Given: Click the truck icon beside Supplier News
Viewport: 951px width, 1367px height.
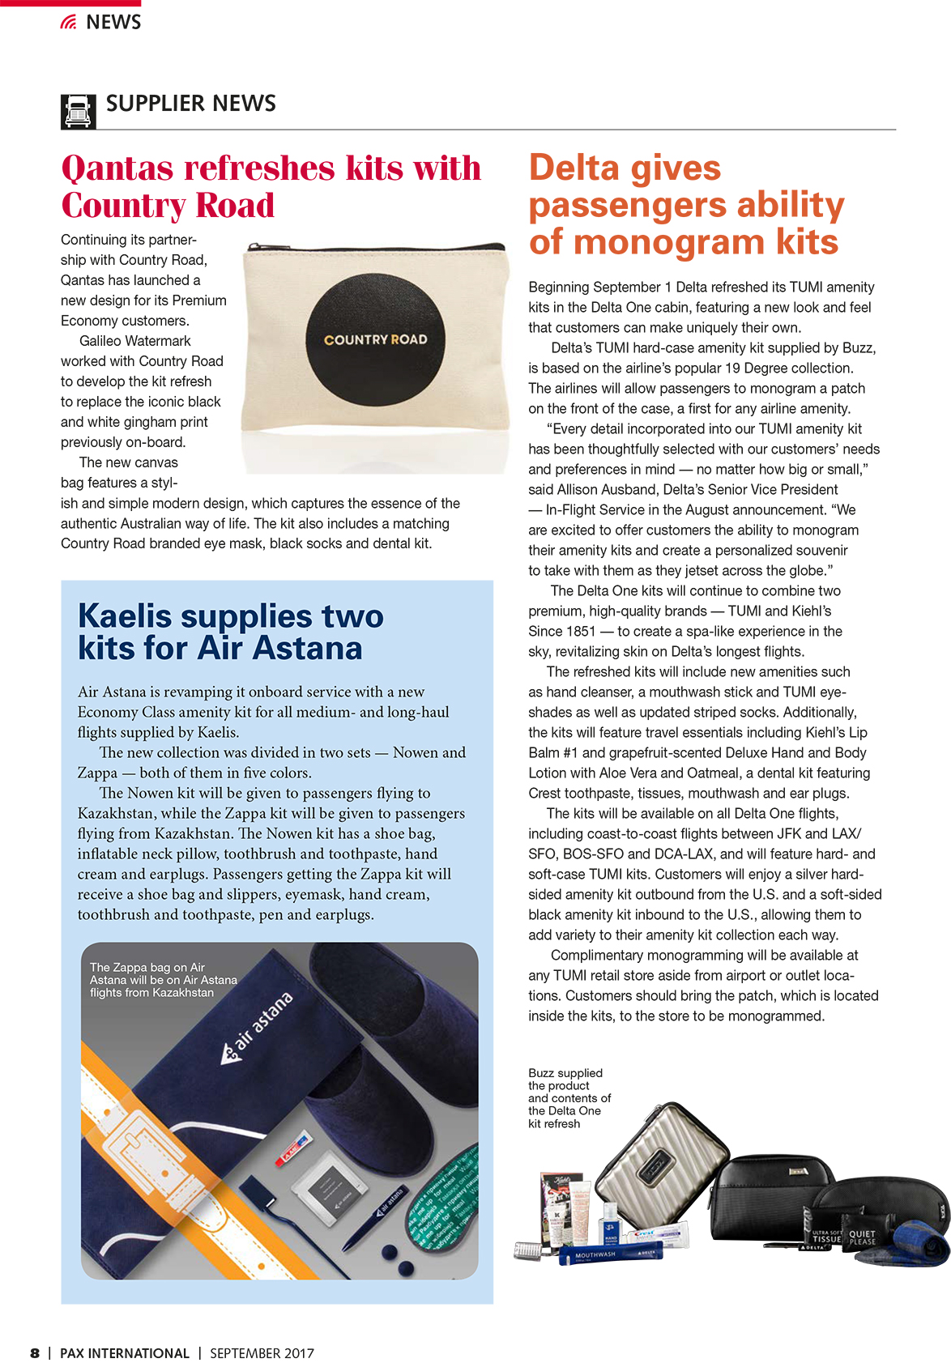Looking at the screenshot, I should coord(78,112).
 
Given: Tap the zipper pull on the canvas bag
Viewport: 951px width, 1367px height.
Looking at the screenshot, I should coord(253,246).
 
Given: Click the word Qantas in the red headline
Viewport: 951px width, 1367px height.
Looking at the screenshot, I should coord(117,168).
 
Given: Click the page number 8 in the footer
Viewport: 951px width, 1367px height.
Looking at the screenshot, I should coord(35,1353).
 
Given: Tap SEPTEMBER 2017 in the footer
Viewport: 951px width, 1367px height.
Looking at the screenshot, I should coord(262,1353).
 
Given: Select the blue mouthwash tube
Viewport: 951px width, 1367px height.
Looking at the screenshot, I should coord(611,1254).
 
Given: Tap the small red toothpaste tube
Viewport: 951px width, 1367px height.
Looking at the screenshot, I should coord(292,1147).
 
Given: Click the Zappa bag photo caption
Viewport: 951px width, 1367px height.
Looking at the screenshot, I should coord(163,980).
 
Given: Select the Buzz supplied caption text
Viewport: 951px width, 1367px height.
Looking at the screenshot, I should coord(569,1098).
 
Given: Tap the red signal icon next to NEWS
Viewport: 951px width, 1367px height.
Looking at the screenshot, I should coord(69,23).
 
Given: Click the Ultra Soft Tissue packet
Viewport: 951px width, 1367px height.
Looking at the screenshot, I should coord(825,1237).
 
